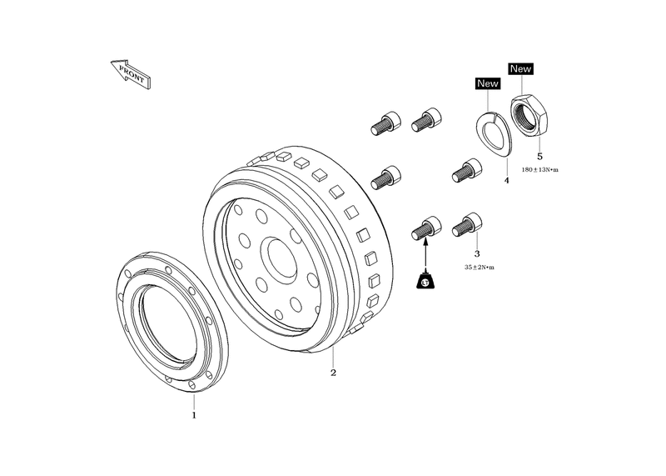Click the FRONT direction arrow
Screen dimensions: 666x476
click(132, 74)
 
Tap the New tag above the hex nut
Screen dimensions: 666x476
click(521, 68)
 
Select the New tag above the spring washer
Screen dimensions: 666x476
click(487, 83)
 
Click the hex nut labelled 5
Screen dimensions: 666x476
click(529, 115)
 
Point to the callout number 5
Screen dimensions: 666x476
click(539, 157)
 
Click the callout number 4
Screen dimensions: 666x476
click(506, 181)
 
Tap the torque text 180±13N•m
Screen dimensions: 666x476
click(539, 170)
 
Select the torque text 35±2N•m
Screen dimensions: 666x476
click(480, 268)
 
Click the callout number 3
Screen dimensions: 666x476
click(477, 254)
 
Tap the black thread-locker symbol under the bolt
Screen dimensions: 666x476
click(425, 281)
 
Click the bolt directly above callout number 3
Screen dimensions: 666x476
click(467, 225)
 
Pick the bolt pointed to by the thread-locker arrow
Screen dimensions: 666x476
click(426, 228)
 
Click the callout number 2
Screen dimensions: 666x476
click(334, 373)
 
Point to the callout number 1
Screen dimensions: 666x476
click(194, 415)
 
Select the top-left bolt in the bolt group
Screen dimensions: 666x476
click(385, 123)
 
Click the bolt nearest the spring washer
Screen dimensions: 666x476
click(467, 170)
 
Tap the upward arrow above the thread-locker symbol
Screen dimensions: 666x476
click(425, 254)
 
